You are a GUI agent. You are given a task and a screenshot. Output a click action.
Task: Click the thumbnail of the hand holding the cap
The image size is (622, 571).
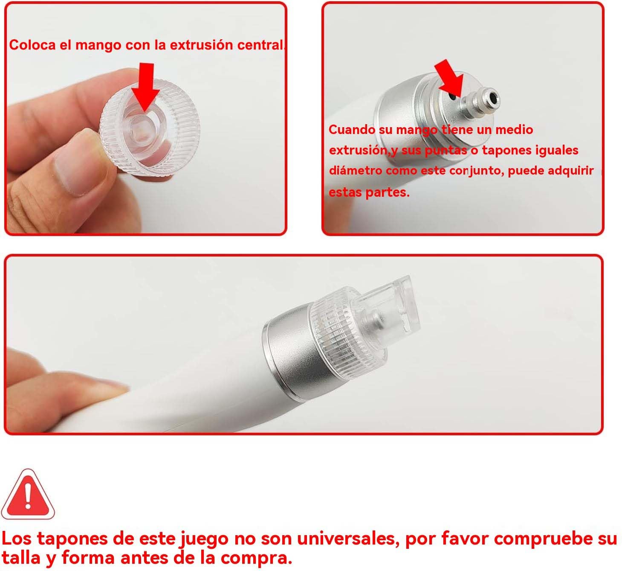tap(145, 118)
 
